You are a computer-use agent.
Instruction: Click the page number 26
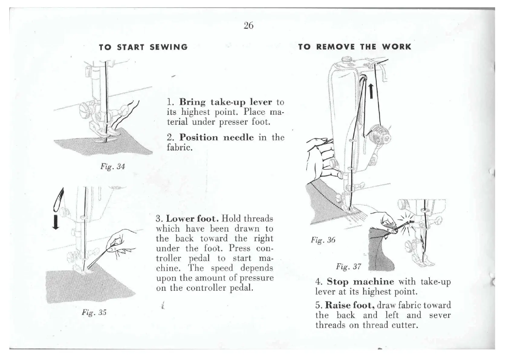(248, 26)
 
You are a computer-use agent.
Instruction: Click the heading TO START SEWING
(143, 47)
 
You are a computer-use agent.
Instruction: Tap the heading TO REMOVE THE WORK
(355, 47)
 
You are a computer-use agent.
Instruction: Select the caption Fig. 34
(112, 166)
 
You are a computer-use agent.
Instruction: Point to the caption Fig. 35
(94, 312)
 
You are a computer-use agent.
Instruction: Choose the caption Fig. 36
(323, 240)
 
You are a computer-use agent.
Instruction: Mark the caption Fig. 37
(348, 267)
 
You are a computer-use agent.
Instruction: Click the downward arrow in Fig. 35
(55, 222)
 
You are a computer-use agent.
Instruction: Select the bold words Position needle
(216, 137)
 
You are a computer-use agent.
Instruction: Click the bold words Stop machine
(360, 282)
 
